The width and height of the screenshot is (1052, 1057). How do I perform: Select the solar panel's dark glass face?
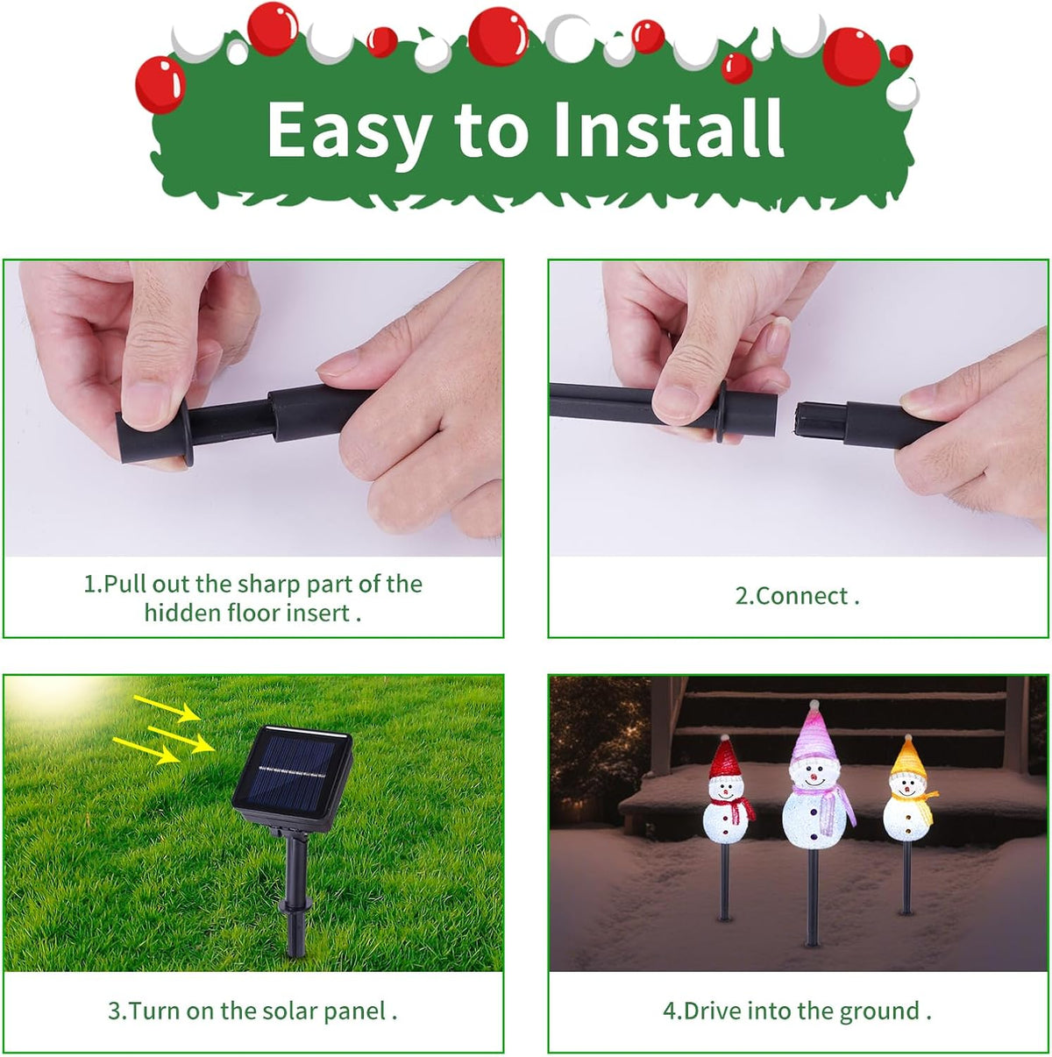tap(291, 773)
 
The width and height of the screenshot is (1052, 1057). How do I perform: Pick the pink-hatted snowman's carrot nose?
tap(814, 777)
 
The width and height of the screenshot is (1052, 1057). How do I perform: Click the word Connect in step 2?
tap(791, 596)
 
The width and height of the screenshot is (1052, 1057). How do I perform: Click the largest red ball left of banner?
tap(160, 84)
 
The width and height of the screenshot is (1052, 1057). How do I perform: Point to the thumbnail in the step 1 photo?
tap(152, 403)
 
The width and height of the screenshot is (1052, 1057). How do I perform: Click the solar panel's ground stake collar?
tap(295, 903)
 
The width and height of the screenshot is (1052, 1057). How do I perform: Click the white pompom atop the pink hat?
tap(814, 704)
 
